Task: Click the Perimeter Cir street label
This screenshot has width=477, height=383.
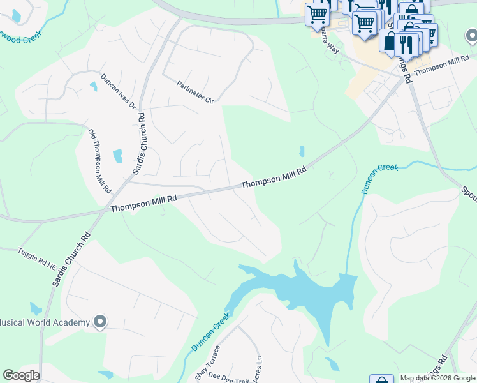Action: coord(195,91)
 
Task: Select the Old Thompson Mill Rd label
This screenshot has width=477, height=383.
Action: coord(100,161)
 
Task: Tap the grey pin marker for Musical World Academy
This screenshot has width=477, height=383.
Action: coord(99,322)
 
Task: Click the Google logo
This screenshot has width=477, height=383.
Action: coord(21,375)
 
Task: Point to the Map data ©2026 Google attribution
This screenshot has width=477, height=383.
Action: coord(437,378)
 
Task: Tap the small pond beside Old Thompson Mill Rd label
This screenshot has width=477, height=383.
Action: coord(117,156)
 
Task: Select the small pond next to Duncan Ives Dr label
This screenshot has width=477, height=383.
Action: coord(94,86)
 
